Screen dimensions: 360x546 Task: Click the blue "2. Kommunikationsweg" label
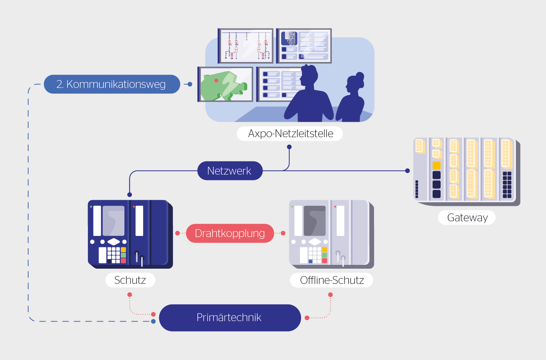[x=111, y=84]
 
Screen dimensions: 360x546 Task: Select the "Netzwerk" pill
[x=229, y=171]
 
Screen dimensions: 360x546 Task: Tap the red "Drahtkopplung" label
[x=230, y=233]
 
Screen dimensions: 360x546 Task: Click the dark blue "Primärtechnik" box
[x=229, y=317]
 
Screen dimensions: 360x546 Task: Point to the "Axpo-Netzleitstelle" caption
[x=290, y=134]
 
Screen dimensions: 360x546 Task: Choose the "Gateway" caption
[x=467, y=218]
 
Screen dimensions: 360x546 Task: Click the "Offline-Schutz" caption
[x=331, y=280]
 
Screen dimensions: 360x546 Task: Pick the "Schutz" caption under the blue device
[x=130, y=280]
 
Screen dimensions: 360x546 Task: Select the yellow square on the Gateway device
[x=436, y=166]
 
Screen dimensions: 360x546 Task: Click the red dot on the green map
[x=216, y=81]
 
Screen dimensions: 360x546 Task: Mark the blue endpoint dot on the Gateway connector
[x=408, y=171]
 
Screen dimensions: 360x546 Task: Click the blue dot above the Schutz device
[x=130, y=195]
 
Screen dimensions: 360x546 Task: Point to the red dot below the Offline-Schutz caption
[x=330, y=295]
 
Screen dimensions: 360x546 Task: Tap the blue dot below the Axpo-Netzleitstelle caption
[x=289, y=147]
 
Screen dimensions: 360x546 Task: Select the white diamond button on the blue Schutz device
[x=114, y=242]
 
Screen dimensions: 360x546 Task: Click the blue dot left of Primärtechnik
[x=153, y=322]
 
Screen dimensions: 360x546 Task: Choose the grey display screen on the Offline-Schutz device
[x=315, y=221]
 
